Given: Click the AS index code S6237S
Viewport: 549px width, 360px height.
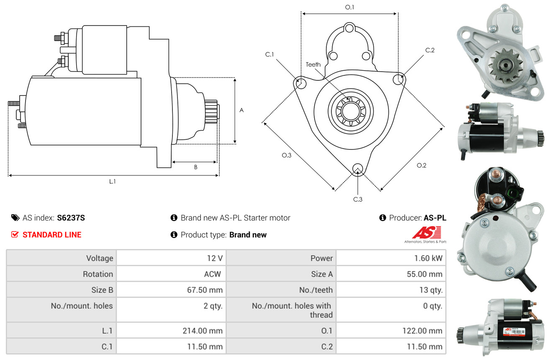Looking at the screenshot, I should coord(71,218).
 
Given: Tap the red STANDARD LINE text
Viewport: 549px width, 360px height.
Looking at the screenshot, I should coord(52,235).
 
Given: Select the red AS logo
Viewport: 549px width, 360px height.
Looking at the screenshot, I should coord(426,232).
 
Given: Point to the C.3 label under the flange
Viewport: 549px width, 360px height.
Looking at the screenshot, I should coord(358,199).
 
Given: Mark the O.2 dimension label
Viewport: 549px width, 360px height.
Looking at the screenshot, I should coord(421,165).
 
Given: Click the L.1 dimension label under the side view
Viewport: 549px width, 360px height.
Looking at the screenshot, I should coord(112,181).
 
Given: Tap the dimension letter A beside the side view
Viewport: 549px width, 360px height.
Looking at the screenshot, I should coord(241,111).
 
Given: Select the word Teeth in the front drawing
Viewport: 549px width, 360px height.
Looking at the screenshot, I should coord(313,64).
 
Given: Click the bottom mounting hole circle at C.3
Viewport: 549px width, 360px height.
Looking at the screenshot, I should coord(358,169).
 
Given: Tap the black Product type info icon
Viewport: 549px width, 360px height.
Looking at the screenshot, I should coord(174,235).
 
